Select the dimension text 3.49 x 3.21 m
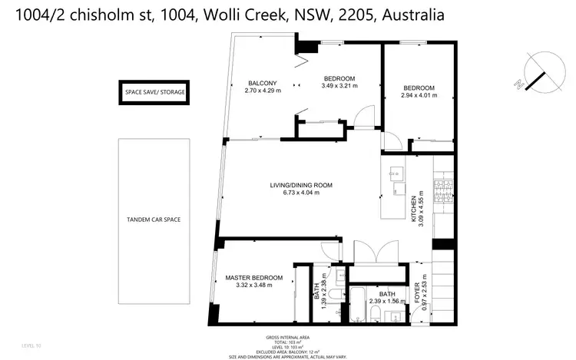coord(339,88)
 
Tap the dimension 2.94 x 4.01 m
coord(419,95)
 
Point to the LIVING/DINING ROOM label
coord(300,185)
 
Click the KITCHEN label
coord(414,209)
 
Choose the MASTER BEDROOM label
coord(253,277)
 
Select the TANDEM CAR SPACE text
coord(153,220)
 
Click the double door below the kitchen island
coord(376,254)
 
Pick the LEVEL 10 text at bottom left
coord(31,347)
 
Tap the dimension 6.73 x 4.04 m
coord(300,193)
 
